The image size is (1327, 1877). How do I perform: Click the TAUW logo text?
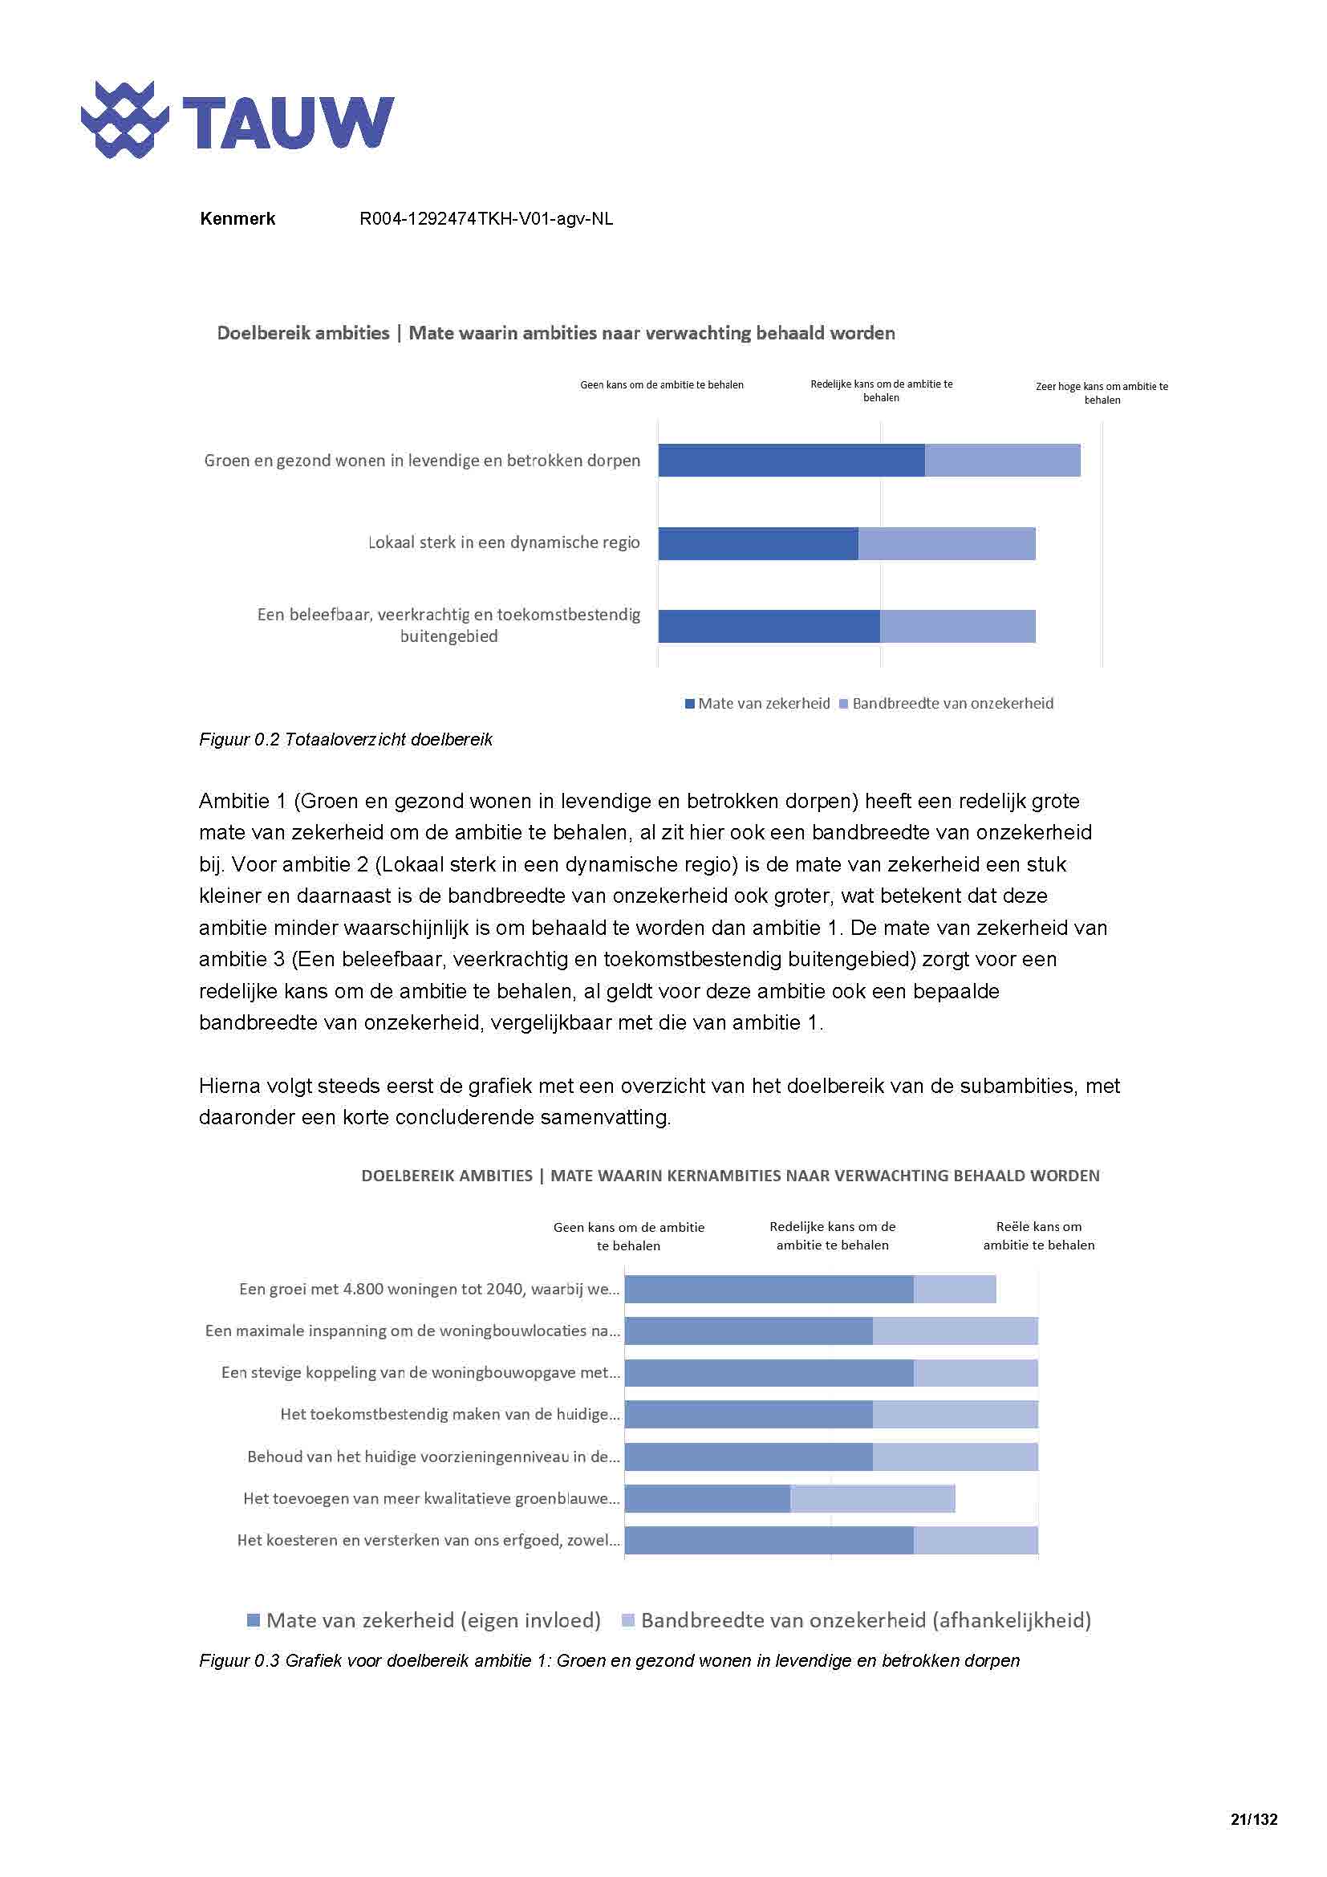[288, 123]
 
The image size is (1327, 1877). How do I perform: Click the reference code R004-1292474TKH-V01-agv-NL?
[485, 219]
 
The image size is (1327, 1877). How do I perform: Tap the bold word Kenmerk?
[237, 219]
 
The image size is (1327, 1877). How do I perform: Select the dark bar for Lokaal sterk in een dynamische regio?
[757, 543]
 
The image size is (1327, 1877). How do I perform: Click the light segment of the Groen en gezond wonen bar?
[1002, 461]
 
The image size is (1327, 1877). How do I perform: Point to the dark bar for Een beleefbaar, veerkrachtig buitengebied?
[768, 626]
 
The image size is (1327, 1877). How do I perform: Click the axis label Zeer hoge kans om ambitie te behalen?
[1102, 393]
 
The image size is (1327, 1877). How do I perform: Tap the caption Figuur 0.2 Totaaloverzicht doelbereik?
[346, 740]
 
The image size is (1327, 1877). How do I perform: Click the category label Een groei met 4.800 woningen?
[429, 1290]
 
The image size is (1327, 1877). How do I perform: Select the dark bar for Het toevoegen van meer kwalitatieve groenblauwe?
[707, 1498]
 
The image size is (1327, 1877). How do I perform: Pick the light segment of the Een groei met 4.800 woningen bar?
[954, 1290]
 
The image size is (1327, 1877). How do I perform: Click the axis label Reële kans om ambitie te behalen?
[1037, 1235]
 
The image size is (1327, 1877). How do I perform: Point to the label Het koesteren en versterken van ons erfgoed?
[428, 1540]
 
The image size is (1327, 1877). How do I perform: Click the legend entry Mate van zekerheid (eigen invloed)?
[424, 1620]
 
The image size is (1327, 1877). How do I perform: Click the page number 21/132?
[1252, 1820]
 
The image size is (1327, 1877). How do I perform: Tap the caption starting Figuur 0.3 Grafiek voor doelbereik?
[609, 1661]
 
